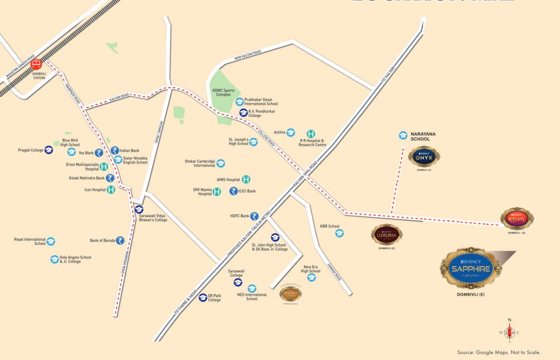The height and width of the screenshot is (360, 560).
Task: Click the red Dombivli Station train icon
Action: pyautogui.click(x=36, y=65)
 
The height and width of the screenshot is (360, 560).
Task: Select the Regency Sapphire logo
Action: pyautogui.click(x=470, y=268)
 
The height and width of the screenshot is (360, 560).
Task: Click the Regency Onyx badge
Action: pyautogui.click(x=424, y=157)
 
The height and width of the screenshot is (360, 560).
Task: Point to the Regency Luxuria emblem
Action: pyautogui.click(x=387, y=234)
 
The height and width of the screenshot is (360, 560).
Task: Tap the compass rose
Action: pyautogui.click(x=509, y=333)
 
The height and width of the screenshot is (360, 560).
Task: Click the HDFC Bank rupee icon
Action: pyautogui.click(x=254, y=216)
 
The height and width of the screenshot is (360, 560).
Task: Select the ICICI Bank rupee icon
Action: pyautogui.click(x=233, y=191)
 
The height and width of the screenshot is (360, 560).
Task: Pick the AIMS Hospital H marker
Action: pyautogui.click(x=246, y=179)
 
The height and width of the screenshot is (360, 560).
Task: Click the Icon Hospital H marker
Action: pyautogui.click(x=111, y=190)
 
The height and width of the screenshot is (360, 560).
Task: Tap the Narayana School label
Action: pyautogui.click(x=423, y=136)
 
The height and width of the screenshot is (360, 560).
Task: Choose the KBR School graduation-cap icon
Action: pyautogui.click(x=339, y=233)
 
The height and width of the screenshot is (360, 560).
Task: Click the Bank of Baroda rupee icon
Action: pyautogui.click(x=120, y=240)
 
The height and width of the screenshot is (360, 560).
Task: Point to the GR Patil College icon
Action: pyautogui.click(x=203, y=298)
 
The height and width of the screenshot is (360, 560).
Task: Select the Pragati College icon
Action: pyautogui.click(x=49, y=150)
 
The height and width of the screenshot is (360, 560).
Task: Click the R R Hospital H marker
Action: pyautogui.click(x=311, y=134)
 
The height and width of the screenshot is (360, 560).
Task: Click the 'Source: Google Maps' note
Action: pyautogui.click(x=499, y=352)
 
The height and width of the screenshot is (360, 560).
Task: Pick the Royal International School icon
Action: pyautogui.click(x=51, y=241)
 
